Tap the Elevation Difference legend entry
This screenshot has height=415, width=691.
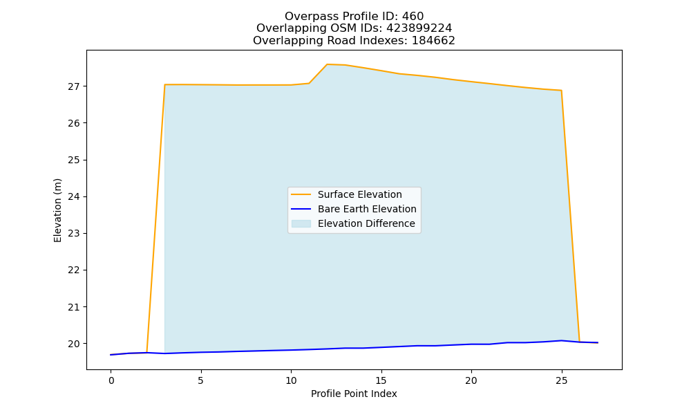tap(353, 223)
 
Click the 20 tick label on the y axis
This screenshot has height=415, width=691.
tap(74, 344)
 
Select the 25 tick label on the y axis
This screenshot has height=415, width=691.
tap(74, 160)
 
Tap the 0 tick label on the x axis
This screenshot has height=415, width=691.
tap(111, 380)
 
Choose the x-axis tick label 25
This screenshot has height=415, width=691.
tap(561, 380)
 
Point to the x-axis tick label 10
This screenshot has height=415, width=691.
tap(291, 380)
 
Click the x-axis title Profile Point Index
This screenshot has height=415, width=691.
tap(354, 394)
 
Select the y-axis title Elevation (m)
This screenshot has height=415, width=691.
tap(58, 210)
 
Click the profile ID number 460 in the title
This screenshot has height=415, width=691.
tap(413, 17)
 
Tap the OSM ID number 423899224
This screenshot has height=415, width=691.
tap(419, 28)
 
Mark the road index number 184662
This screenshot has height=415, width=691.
tap(433, 41)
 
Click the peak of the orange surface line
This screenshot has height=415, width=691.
tap(327, 64)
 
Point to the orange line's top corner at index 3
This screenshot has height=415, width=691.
tap(164, 84)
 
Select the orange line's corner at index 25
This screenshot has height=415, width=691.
tap(561, 91)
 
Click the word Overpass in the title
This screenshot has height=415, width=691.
tap(304, 17)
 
